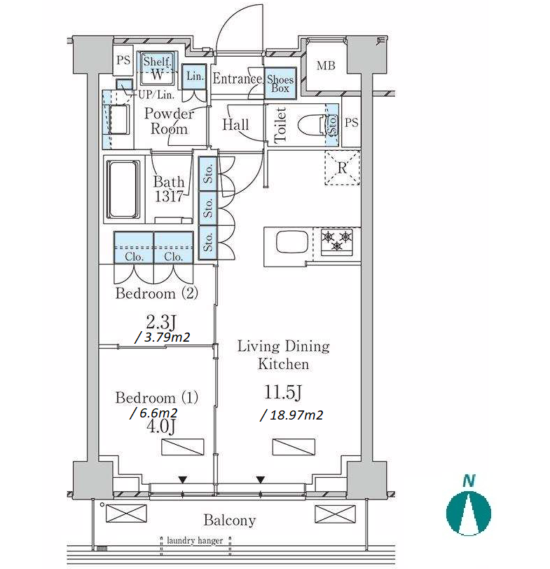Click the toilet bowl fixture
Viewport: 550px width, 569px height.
coord(312,125)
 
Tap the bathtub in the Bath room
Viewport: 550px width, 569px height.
coord(123,189)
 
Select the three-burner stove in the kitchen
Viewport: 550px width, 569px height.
coord(336,241)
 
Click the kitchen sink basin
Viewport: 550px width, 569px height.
coord(292,241)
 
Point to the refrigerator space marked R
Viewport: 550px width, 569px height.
coord(342,168)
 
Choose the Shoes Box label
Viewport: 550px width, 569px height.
coord(280,83)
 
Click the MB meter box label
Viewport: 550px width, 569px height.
coord(326,66)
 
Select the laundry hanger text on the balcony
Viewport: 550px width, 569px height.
coord(195,540)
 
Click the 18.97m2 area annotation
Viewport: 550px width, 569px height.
coord(291,415)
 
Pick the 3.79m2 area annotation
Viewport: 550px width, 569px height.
coord(163,337)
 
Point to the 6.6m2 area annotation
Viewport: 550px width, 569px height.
coord(153,413)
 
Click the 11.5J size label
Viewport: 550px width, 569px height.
coord(283,392)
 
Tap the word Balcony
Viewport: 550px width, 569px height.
coord(230,520)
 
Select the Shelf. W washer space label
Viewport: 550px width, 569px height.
coord(157,67)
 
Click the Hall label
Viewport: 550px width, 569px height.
coord(235,125)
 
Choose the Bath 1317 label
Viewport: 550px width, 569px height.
coord(169,189)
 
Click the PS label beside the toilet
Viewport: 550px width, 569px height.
coord(352,122)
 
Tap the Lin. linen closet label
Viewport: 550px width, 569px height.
coord(195,76)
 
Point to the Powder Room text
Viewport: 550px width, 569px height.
coord(169,121)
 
